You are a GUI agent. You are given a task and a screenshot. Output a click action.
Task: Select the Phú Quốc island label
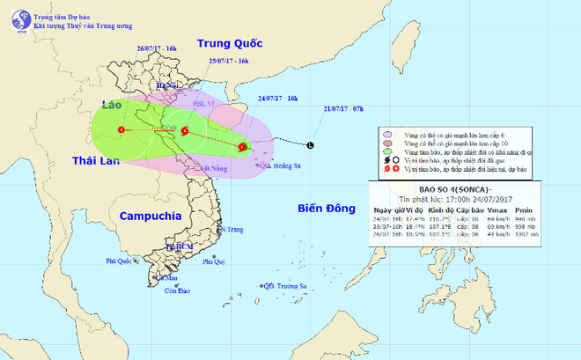[x=121, y=261]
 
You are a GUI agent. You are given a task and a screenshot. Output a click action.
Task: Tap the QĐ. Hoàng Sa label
[x=272, y=165]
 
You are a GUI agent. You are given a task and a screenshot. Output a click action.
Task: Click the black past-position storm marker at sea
[x=309, y=144]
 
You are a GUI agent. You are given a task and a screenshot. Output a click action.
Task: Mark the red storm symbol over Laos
[x=121, y=131]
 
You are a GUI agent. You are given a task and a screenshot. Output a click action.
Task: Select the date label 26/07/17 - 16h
[x=158, y=48]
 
